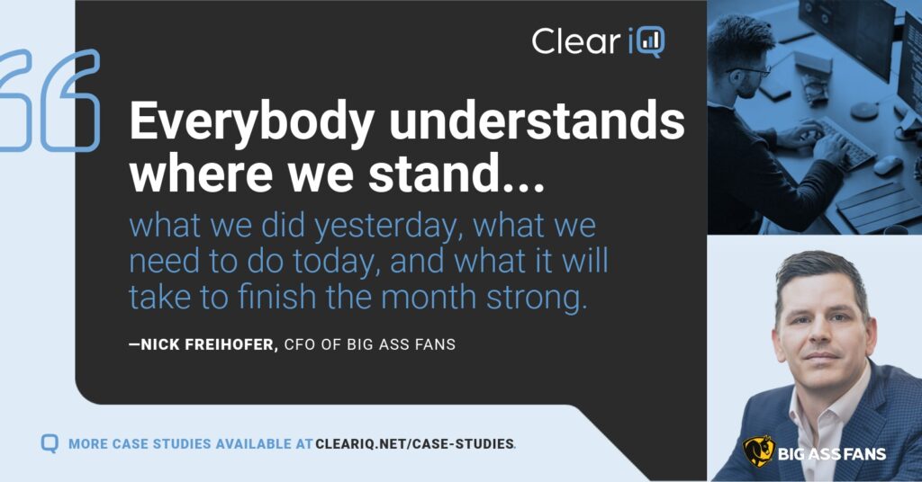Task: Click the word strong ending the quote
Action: coord(538,297)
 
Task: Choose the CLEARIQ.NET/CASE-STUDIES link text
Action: coord(415,443)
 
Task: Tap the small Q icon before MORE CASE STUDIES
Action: coord(50,443)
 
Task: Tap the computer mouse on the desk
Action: coord(888,165)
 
